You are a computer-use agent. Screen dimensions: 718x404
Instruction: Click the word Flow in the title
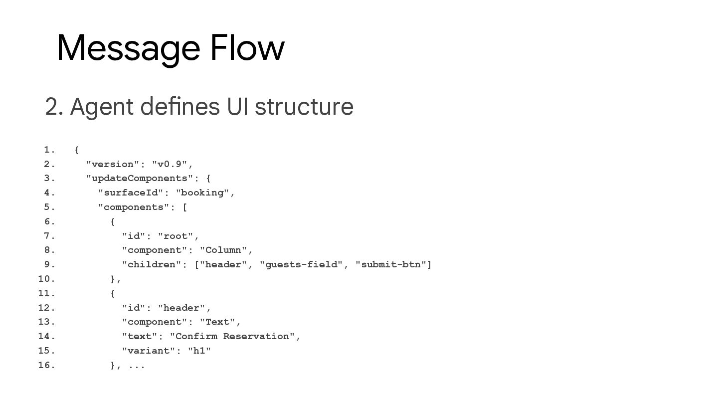[x=247, y=48]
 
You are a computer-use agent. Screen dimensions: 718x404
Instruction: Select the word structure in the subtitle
[x=304, y=107]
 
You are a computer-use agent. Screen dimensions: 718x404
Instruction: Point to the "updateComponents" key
[x=140, y=178]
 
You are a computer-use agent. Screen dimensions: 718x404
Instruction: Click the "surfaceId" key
[x=131, y=193]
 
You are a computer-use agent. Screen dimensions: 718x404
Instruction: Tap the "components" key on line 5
[x=134, y=207]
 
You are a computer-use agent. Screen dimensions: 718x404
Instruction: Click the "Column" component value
[x=223, y=250]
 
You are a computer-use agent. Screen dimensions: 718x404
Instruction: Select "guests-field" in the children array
[x=301, y=264]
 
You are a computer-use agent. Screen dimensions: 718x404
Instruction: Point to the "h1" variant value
[x=199, y=351]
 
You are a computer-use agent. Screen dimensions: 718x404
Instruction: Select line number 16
[x=46, y=365]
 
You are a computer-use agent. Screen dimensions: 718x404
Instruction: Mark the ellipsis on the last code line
[x=137, y=366]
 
